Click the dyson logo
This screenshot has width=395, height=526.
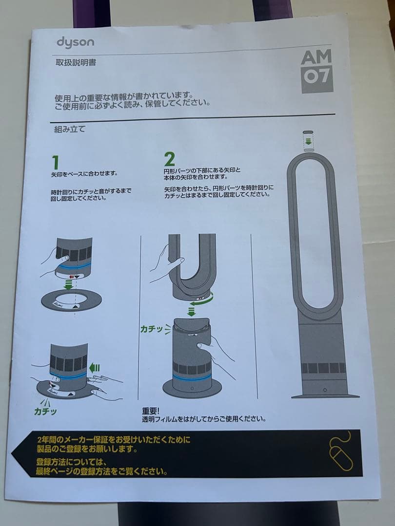coord(75,42)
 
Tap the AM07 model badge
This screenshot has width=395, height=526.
coord(316,71)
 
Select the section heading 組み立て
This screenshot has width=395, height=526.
coord(70,129)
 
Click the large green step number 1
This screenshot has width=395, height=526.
coord(56,162)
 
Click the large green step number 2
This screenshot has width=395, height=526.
coord(169,159)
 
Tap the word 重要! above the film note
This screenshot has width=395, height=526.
coord(151,411)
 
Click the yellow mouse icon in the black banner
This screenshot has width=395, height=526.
coord(340,452)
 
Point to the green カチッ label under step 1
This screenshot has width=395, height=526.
coord(45,411)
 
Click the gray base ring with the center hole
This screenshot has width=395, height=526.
coord(71,300)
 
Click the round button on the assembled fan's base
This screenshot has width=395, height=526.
coord(324,390)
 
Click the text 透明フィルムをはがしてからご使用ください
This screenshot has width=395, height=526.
coord(203,419)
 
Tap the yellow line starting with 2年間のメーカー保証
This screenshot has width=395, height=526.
coord(114,440)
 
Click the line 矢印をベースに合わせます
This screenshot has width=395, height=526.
coord(85,173)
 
